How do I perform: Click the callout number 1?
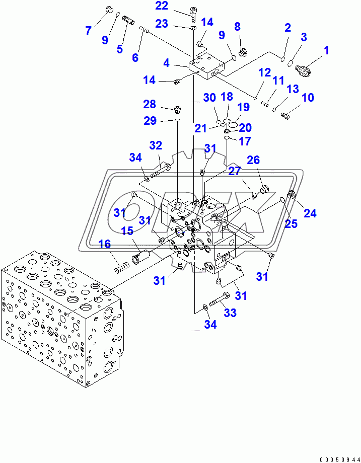click(x=326, y=50)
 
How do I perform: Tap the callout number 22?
click(x=162, y=6)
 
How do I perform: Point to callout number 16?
click(x=104, y=245)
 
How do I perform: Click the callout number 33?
click(x=230, y=313)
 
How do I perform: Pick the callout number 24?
click(x=310, y=213)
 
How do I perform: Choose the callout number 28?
click(x=150, y=104)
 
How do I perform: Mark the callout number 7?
click(x=89, y=31)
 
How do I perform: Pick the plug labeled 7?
click(x=107, y=10)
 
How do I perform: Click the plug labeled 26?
click(x=263, y=190)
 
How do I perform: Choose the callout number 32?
click(x=156, y=146)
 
